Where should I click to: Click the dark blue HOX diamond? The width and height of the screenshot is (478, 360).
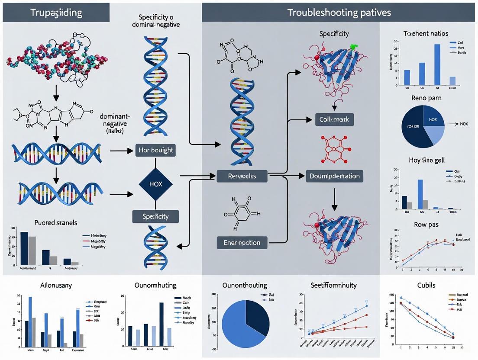[x=155, y=184]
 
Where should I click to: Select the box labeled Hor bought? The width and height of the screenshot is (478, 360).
[x=155, y=150]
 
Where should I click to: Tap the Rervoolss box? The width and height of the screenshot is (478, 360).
[x=242, y=176]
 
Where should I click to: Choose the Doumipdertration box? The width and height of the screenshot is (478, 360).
[x=335, y=176]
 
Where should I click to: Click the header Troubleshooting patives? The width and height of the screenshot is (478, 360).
[x=339, y=12]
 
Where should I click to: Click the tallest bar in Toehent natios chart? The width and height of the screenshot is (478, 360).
[x=437, y=65]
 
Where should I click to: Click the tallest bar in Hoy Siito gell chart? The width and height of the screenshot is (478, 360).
[x=420, y=194]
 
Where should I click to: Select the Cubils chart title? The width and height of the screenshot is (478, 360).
[x=426, y=286]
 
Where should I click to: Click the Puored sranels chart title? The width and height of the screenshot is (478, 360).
[x=56, y=223]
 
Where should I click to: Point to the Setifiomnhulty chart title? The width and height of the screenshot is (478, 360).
[x=333, y=286]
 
